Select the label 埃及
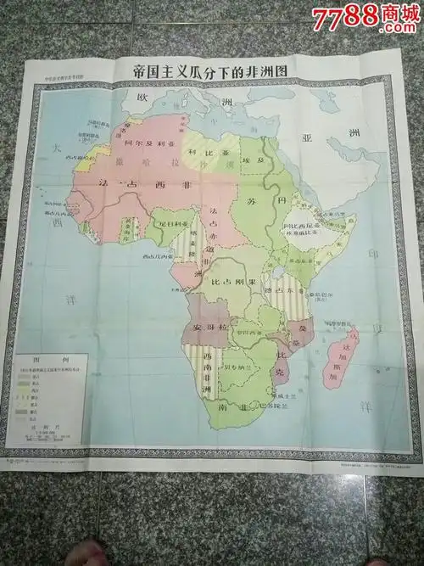pyautogui.click(x=252, y=159)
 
